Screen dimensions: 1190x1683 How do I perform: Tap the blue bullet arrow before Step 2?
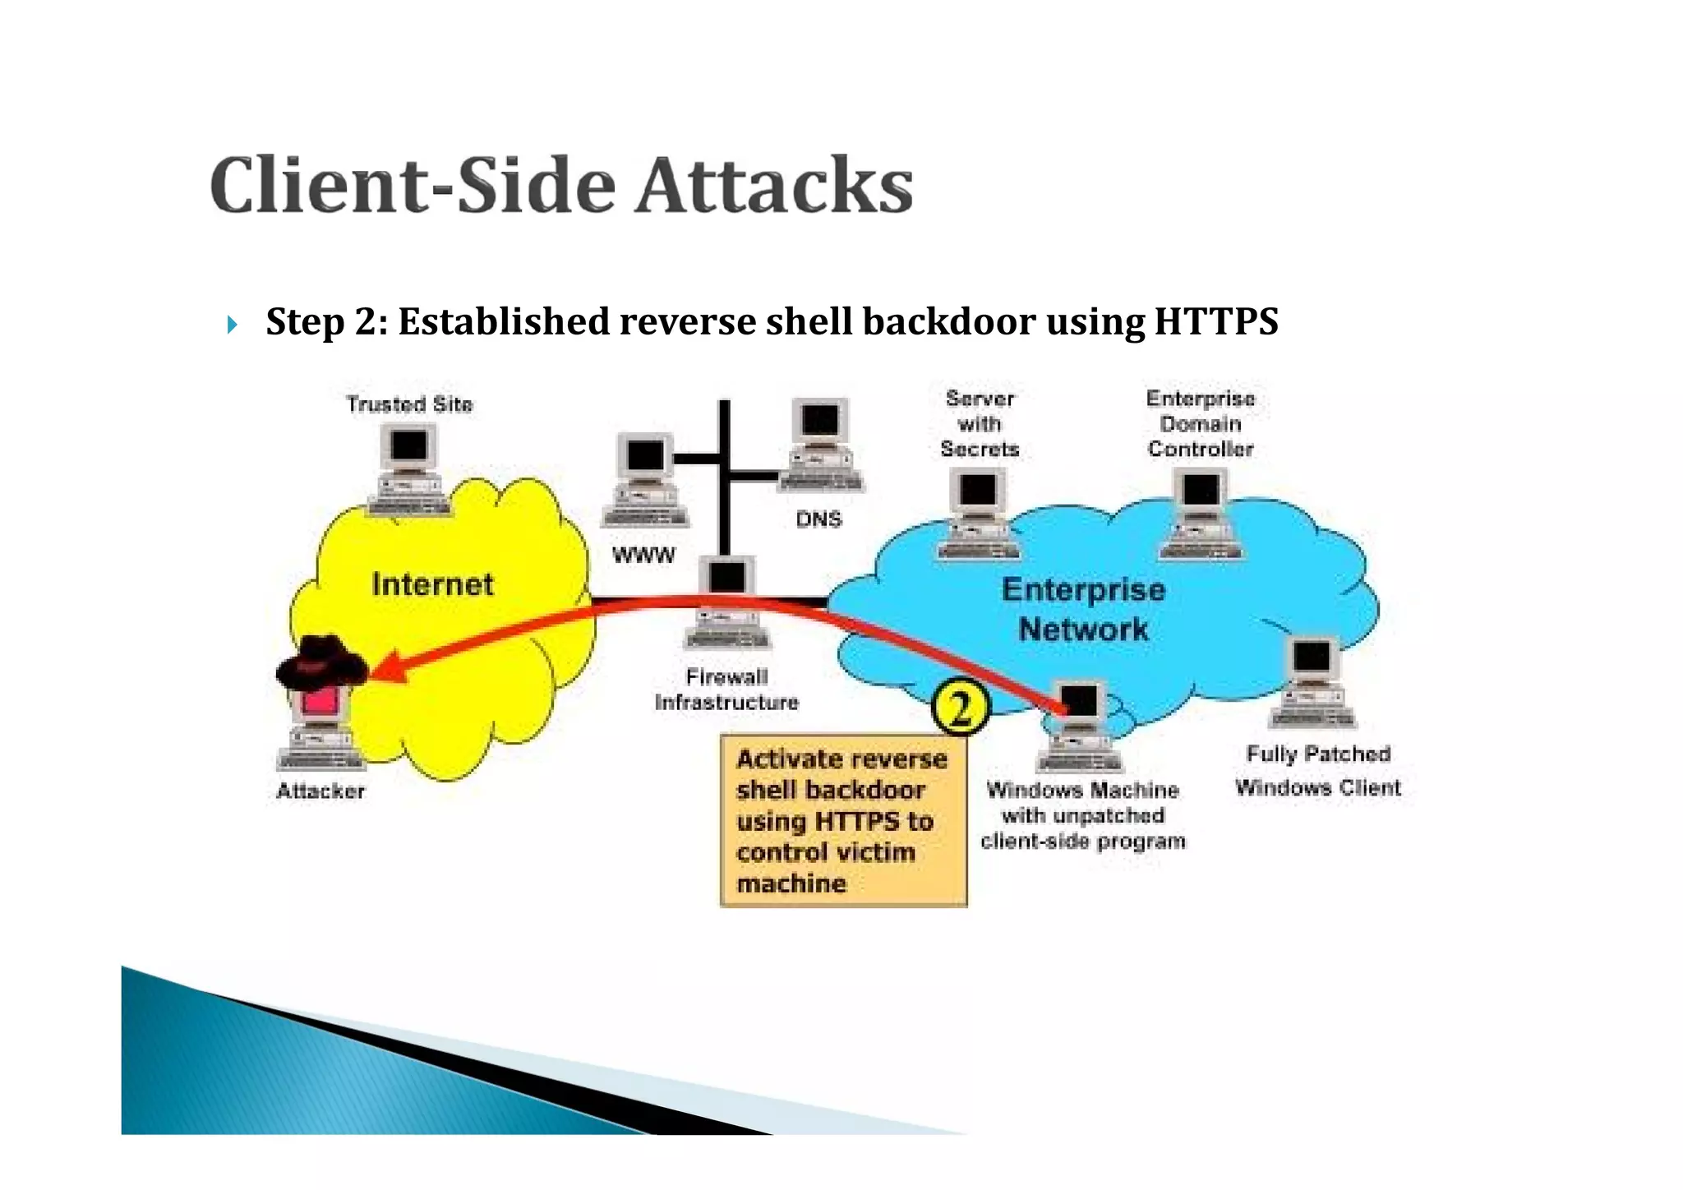click(233, 325)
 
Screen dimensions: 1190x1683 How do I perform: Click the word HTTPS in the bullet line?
click(1215, 321)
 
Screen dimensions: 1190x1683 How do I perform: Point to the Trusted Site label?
click(409, 404)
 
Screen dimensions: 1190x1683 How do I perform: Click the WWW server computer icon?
click(644, 481)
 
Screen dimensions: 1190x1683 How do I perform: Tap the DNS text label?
click(818, 519)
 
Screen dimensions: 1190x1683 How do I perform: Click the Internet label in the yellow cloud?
click(432, 584)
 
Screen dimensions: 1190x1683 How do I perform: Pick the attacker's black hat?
click(320, 661)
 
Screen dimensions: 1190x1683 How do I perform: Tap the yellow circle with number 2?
click(960, 708)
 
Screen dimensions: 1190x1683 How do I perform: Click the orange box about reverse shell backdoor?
click(843, 821)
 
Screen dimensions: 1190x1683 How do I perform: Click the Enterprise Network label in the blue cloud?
click(1083, 609)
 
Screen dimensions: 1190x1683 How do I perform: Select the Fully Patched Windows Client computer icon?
click(1312, 683)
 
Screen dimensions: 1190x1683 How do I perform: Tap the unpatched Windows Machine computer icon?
click(1079, 727)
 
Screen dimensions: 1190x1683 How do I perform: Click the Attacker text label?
click(320, 791)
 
